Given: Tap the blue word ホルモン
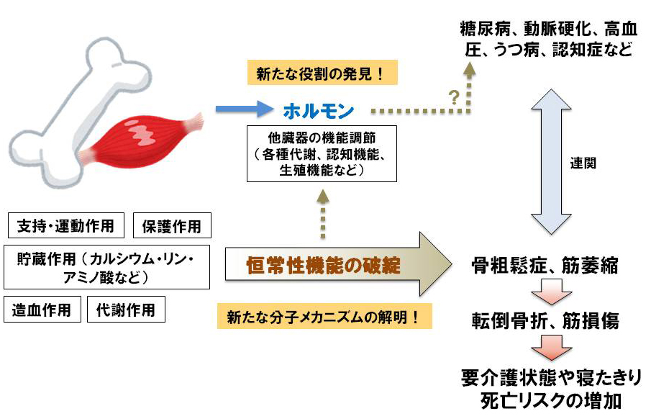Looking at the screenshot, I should [318, 112].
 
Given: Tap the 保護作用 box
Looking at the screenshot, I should [172, 226].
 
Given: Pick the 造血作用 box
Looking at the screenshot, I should [42, 310].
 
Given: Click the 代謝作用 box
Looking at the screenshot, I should [126, 310].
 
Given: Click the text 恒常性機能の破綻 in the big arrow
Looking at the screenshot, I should [322, 264].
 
